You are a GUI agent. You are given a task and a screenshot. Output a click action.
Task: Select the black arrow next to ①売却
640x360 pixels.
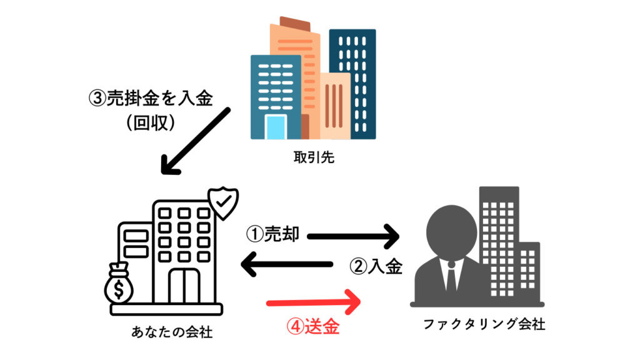(x=354, y=236)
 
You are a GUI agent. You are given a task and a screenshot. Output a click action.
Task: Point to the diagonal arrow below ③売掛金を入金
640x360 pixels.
(x=195, y=142)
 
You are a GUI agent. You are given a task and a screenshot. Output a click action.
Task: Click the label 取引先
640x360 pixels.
(x=314, y=157)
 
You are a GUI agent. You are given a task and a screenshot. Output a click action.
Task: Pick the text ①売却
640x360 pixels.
(x=272, y=235)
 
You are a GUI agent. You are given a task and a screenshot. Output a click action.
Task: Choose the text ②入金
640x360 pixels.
(x=375, y=266)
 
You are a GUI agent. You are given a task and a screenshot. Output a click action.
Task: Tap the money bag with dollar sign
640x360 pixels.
(x=119, y=284)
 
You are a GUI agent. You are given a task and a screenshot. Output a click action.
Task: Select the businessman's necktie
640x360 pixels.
(x=451, y=275)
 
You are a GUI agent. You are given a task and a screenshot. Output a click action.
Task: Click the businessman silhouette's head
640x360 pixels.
(x=451, y=227)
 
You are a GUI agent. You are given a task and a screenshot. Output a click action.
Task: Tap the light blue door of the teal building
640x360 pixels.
(x=275, y=127)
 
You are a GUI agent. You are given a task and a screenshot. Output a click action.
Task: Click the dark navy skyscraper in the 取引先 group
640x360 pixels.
(x=352, y=81)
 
